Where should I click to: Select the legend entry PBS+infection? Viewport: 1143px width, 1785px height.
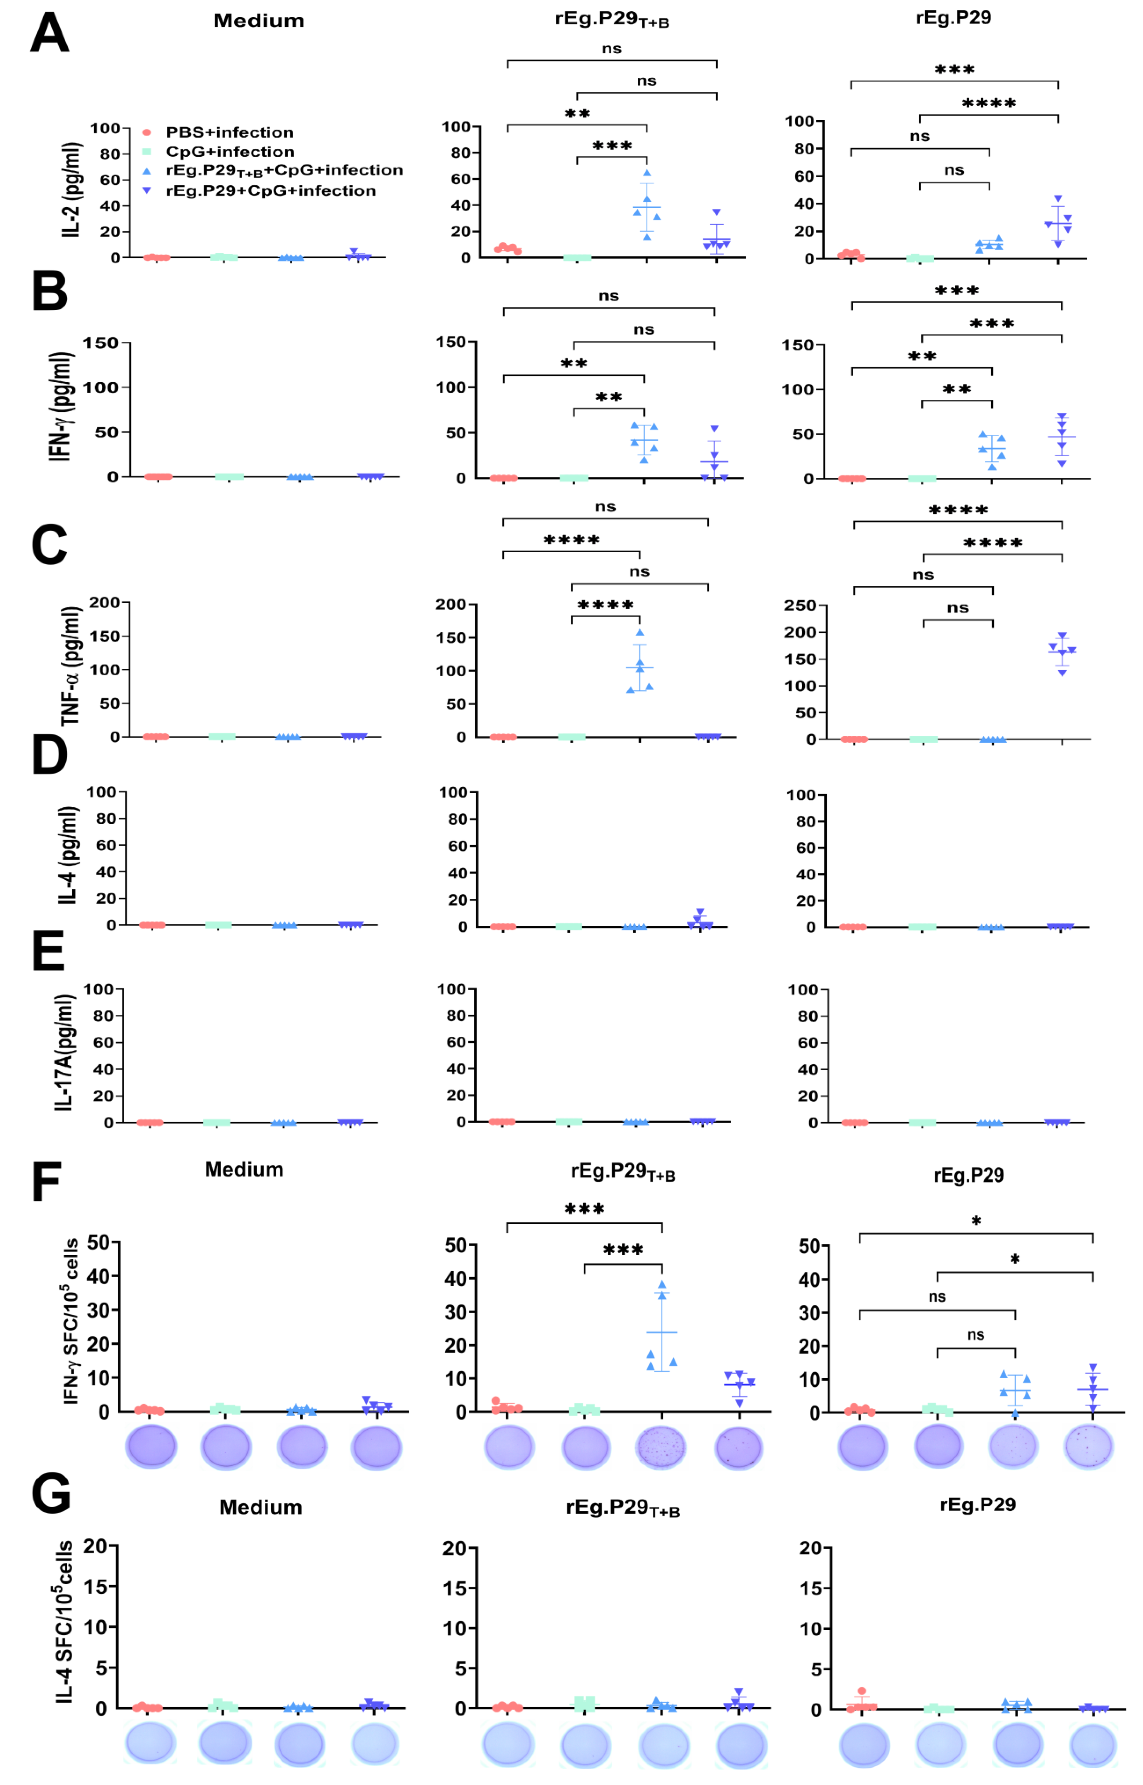[x=228, y=132]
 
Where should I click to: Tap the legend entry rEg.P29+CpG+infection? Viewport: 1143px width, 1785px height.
[x=270, y=191]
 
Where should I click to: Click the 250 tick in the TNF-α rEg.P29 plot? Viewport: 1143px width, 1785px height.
[x=800, y=606]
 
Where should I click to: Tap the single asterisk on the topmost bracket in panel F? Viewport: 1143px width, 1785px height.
[x=976, y=1221]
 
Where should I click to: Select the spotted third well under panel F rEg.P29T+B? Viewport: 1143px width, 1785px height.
[x=661, y=1447]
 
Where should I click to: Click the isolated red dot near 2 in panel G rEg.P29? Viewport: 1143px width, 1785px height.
[x=862, y=1691]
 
